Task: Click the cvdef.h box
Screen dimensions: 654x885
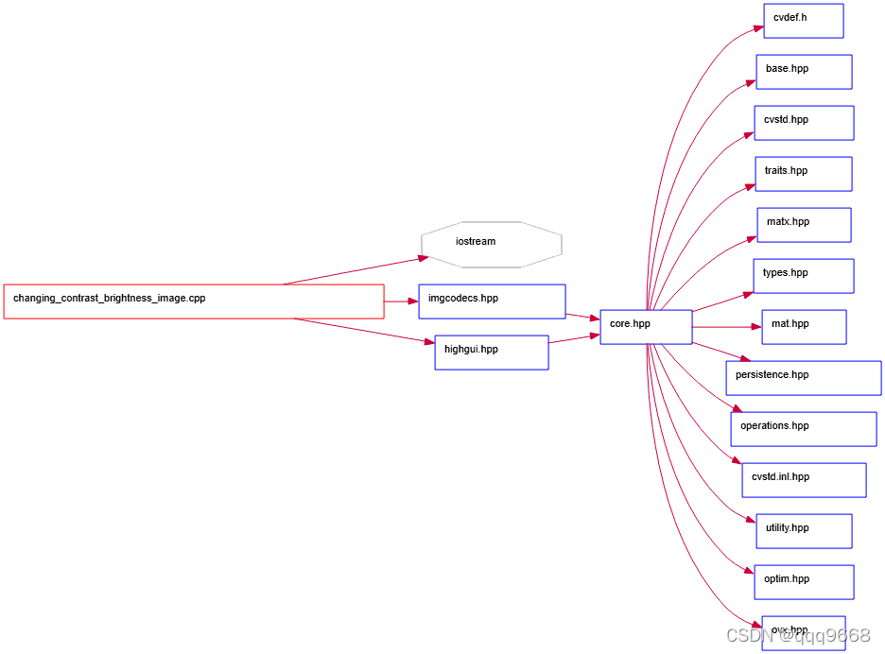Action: (x=803, y=21)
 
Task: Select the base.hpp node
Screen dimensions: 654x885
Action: (x=804, y=72)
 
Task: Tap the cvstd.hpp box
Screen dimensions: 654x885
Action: (x=804, y=123)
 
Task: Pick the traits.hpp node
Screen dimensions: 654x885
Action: (x=804, y=174)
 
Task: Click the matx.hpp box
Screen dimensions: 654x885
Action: (x=804, y=225)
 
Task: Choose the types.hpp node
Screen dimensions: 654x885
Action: (x=804, y=276)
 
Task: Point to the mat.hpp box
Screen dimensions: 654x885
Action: (x=804, y=327)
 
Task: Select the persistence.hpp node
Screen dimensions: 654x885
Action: (x=804, y=378)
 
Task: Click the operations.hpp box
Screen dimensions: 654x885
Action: (x=804, y=429)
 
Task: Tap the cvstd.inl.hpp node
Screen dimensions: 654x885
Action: (x=804, y=480)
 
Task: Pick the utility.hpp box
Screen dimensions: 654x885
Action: (x=804, y=531)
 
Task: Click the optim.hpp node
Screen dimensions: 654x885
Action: (x=804, y=582)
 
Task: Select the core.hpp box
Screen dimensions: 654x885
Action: (x=646, y=327)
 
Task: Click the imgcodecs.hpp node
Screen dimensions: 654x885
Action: (x=492, y=301)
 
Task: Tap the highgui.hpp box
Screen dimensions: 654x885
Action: (x=492, y=353)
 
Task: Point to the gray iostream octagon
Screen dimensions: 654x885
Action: (x=492, y=245)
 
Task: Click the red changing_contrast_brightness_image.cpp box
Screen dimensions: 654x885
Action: (x=194, y=301)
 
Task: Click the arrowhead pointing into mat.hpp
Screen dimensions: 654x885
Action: (x=755, y=327)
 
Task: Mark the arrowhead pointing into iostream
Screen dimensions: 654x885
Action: (x=423, y=257)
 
